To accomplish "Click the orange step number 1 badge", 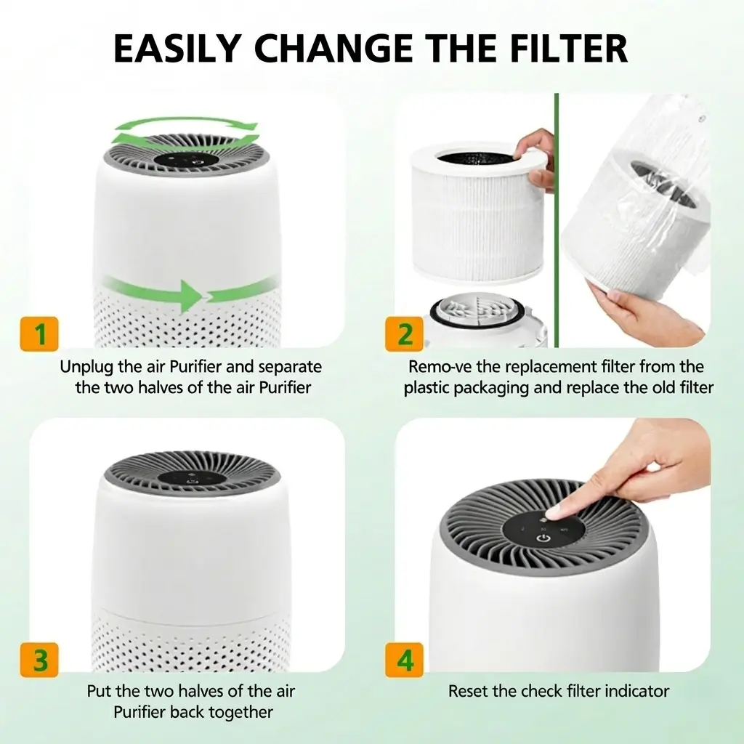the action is (x=39, y=333).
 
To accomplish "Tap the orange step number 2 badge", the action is (x=404, y=333).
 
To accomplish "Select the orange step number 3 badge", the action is (x=39, y=660).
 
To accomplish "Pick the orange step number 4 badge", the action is (x=404, y=660).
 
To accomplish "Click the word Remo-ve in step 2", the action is (x=438, y=367).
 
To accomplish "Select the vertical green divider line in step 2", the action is (x=557, y=220).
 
